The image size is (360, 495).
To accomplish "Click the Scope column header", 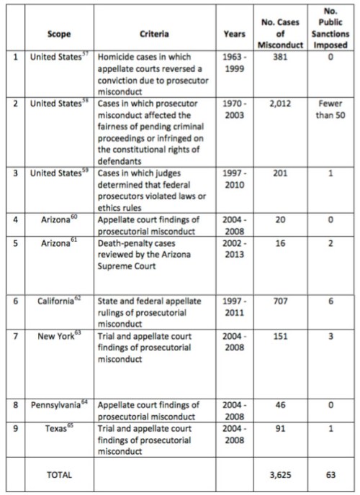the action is tap(60, 33).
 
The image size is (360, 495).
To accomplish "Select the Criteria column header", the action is tap(155, 33).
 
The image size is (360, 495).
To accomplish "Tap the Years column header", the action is tap(234, 33).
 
